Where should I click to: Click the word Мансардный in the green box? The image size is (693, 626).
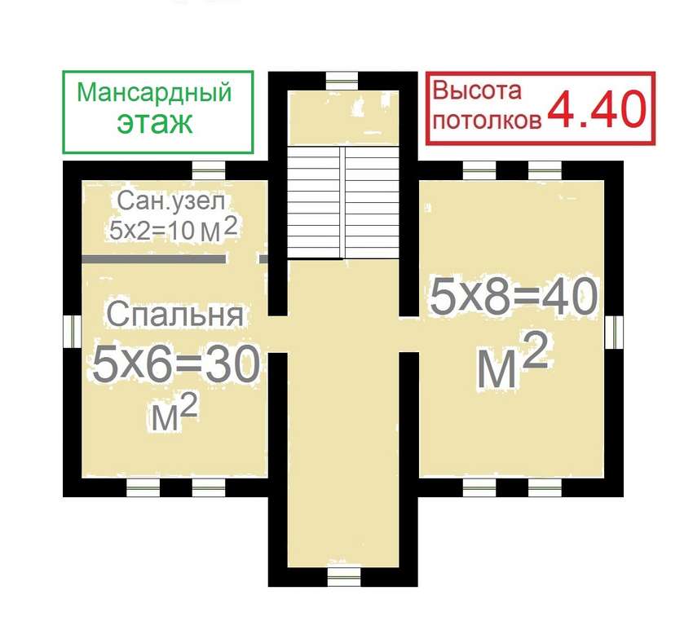point(154,93)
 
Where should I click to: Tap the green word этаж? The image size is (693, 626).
point(155,122)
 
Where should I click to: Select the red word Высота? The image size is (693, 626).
point(477,90)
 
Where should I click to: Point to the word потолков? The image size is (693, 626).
point(487,120)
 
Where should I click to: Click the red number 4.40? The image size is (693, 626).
point(597,108)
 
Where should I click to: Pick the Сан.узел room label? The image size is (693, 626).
point(171,201)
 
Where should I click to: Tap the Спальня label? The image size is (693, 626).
point(175,314)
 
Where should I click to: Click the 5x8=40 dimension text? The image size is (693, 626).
point(514,297)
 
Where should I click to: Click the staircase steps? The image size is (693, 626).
point(343,202)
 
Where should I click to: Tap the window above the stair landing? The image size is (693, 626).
point(342,81)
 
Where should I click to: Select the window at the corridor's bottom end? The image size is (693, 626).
point(344,577)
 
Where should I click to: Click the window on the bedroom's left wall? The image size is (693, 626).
point(72,331)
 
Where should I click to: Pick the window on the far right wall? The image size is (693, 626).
point(614,333)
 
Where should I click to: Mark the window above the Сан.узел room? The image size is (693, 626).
point(209,170)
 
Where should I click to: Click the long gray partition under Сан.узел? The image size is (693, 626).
point(154,259)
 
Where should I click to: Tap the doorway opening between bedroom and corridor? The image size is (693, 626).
point(277,334)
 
